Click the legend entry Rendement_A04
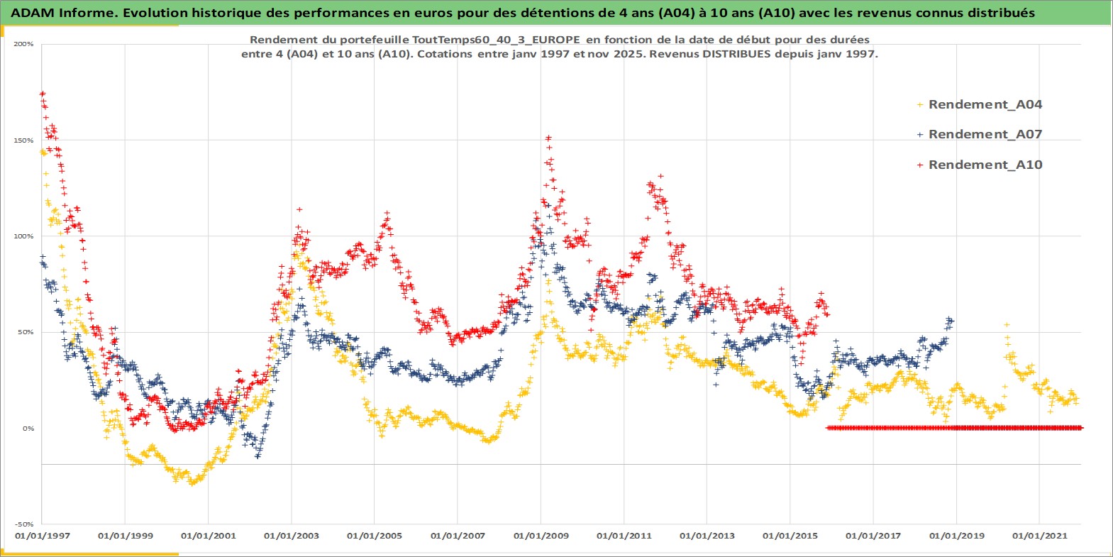pyautogui.click(x=985, y=104)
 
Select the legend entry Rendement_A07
pyautogui.click(x=985, y=134)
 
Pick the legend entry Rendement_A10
pyautogui.click(x=985, y=165)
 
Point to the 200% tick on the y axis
pyautogui.click(x=23, y=44)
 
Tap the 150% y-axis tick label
pyautogui.click(x=23, y=140)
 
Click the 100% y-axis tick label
pyautogui.click(x=23, y=236)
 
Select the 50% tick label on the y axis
pyautogui.click(x=26, y=332)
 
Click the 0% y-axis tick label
pyautogui.click(x=28, y=429)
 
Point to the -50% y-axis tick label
pyautogui.click(x=24, y=524)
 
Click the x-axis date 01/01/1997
pyautogui.click(x=43, y=536)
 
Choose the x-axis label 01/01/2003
pyautogui.click(x=292, y=536)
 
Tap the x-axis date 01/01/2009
pyautogui.click(x=541, y=536)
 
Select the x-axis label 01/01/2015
pyautogui.click(x=790, y=536)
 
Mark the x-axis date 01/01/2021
pyautogui.click(x=1039, y=536)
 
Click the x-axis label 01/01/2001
pyautogui.click(x=209, y=536)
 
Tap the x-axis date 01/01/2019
pyautogui.click(x=956, y=536)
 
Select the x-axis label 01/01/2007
pyautogui.click(x=458, y=536)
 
